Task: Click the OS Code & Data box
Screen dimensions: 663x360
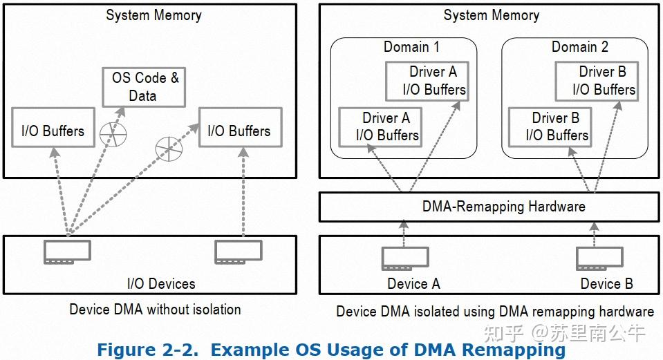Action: [144, 87]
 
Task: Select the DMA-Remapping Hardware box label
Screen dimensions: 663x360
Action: [503, 206]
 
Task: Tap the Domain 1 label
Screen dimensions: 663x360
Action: [411, 46]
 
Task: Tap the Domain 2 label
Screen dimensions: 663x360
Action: [580, 46]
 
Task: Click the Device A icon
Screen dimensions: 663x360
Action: [405, 258]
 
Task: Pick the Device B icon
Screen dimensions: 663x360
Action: [599, 258]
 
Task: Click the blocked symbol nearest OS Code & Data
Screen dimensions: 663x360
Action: [113, 134]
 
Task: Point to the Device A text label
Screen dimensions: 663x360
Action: [413, 283]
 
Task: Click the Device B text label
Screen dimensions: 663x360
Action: [606, 283]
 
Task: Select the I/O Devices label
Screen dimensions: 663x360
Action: [161, 283]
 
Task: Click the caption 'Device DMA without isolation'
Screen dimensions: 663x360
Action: [155, 310]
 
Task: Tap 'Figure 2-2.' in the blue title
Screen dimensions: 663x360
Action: [147, 350]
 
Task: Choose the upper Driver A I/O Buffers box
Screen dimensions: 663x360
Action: [427, 81]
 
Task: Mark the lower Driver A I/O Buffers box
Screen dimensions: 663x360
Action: [380, 127]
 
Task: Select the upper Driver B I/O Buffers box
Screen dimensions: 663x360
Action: [597, 81]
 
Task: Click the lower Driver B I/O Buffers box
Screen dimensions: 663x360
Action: [550, 127]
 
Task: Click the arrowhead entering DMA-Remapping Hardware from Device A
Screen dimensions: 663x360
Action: [404, 225]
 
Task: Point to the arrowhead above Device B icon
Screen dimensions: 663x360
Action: [594, 227]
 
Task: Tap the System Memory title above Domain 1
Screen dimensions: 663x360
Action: [492, 15]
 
